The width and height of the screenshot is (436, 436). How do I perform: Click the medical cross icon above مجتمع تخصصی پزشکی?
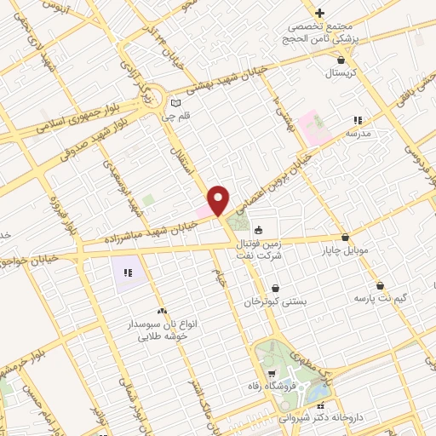click(319, 13)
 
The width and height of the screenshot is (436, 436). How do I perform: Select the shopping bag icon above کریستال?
click(341, 60)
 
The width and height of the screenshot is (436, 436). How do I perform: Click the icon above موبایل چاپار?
click(345, 238)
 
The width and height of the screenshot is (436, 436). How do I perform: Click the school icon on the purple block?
click(128, 272)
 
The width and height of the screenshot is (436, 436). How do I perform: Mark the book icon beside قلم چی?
click(176, 100)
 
